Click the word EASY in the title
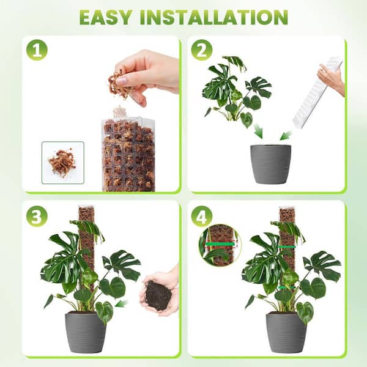coord(105,17)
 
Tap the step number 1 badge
coord(36,50)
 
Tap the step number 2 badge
coord(201,50)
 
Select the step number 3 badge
coord(36,216)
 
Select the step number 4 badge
coord(201,216)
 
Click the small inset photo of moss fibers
coord(62,162)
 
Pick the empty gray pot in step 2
coord(270,164)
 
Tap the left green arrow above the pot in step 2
coord(258,131)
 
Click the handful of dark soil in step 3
coord(158,295)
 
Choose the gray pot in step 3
coord(86,332)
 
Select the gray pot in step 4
coord(286,332)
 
